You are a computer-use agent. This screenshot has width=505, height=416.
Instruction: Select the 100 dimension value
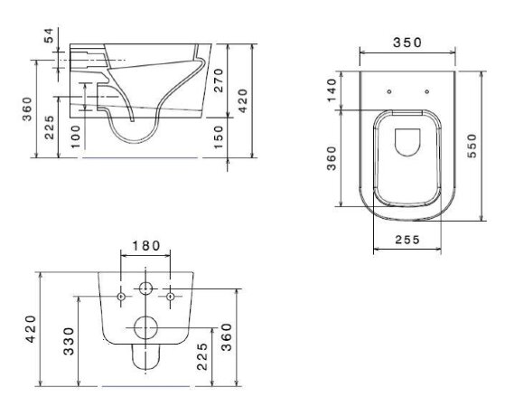click(x=74, y=136)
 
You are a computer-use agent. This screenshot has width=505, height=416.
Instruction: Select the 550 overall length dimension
click(x=472, y=145)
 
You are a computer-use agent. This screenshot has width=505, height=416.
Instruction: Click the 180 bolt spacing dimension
click(x=145, y=245)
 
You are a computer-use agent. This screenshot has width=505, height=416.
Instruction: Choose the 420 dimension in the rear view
click(x=30, y=329)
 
